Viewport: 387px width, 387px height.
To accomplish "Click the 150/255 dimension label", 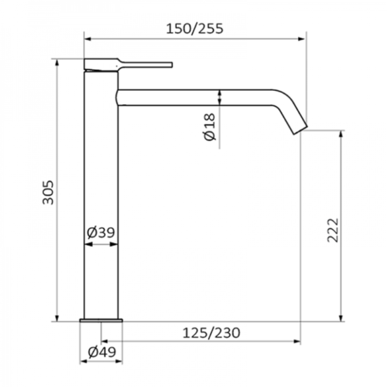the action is [195, 28].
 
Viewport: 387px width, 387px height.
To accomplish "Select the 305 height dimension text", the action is [48, 192].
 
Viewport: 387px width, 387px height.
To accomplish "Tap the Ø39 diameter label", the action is [101, 232].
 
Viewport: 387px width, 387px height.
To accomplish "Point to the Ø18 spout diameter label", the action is [210, 127].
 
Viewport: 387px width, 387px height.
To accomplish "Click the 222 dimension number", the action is [333, 230].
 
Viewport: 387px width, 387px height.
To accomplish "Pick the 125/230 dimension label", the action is [211, 333].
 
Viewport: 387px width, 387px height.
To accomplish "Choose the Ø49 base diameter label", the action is [102, 352].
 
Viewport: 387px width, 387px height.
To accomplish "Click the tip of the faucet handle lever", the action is [171, 65].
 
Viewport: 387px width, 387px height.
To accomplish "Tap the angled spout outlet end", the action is [300, 130].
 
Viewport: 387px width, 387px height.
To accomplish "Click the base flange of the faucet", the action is [101, 320].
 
